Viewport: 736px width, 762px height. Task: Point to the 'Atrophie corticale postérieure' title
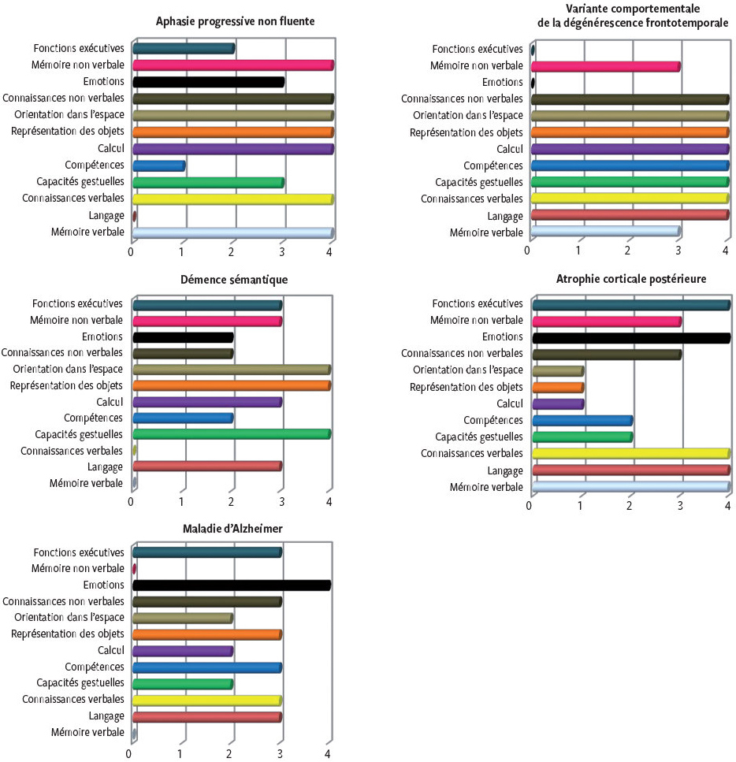point(630,279)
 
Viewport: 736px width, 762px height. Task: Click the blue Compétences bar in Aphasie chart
point(158,165)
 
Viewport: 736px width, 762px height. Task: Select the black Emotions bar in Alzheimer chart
point(231,585)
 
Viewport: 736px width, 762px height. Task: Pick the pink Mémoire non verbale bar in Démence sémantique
point(206,321)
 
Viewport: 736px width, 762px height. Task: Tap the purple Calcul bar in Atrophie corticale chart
point(558,404)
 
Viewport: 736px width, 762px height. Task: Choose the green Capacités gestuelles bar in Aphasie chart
point(208,183)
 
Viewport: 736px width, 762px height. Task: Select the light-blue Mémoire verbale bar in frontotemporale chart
point(605,232)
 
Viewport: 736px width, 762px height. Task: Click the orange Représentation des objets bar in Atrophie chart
point(558,388)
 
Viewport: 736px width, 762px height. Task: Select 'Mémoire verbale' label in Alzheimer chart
point(87,733)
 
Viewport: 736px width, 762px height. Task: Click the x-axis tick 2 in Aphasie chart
point(231,251)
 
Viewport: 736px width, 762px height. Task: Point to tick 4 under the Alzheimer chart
point(328,753)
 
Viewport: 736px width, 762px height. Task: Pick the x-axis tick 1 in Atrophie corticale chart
point(581,504)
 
